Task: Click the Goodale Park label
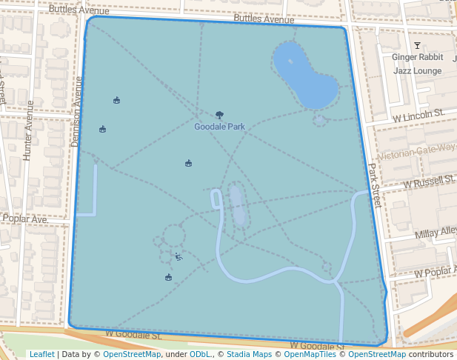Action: pos(219,127)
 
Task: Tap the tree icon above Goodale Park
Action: pos(219,115)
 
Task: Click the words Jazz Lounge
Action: pos(417,71)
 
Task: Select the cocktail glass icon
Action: pos(417,47)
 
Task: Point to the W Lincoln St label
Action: pos(418,116)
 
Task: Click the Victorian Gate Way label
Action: pos(416,153)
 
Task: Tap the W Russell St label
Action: pos(429,181)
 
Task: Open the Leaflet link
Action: pos(41,355)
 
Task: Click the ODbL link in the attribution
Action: pos(199,355)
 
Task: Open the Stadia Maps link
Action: pos(249,355)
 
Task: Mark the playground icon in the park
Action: pos(179,257)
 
